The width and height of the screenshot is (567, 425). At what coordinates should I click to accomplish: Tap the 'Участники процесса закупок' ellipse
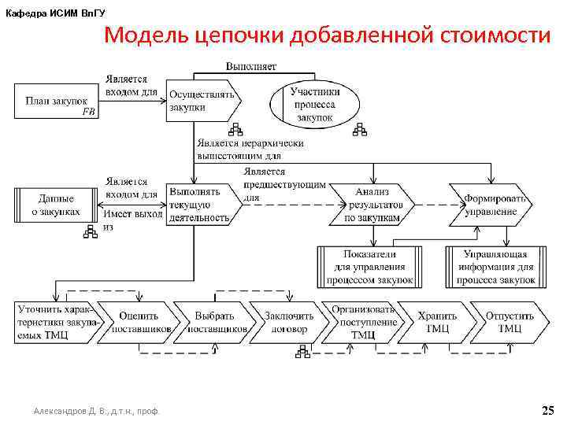point(314,105)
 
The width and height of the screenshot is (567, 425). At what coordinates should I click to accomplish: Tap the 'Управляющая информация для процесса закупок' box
point(496,267)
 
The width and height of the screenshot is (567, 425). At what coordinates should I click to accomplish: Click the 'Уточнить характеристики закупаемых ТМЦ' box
point(54,322)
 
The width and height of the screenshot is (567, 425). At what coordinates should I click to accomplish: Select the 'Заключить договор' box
point(285,322)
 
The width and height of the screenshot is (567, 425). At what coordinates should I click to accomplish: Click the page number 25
point(548,410)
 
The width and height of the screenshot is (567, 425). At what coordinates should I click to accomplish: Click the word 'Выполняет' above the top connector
point(251,66)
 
